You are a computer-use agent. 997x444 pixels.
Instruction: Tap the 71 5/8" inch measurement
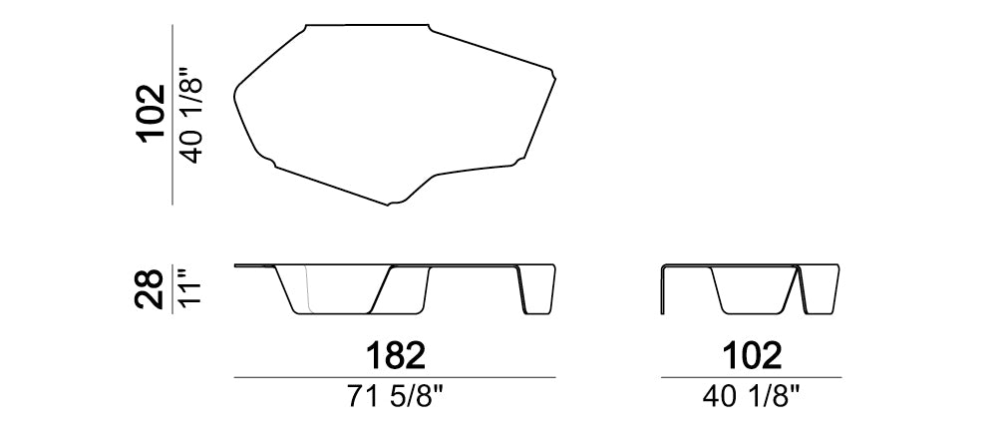coord(395,398)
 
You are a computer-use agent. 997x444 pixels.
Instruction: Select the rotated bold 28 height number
coord(149,289)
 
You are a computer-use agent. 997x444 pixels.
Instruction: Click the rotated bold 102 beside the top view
coord(151,114)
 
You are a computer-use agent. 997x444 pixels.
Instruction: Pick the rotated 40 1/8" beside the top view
coord(190,114)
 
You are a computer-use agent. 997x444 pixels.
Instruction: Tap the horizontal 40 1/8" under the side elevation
coord(751,398)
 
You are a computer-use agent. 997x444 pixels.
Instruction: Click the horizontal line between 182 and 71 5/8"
coord(395,378)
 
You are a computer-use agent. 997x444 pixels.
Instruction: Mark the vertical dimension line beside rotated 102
coord(172,115)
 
